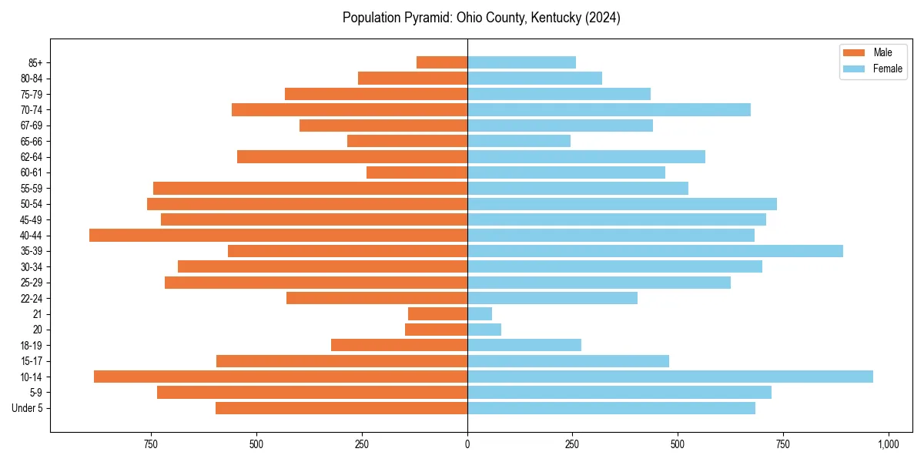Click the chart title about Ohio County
(x=481, y=18)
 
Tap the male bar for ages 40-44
(x=278, y=236)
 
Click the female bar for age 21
(x=480, y=314)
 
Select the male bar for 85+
(x=442, y=62)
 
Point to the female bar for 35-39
(x=654, y=251)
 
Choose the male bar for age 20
(x=437, y=330)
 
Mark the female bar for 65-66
(x=519, y=141)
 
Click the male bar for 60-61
(x=417, y=172)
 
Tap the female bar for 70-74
(x=608, y=110)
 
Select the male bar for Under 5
(x=341, y=408)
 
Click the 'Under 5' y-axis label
(x=27, y=408)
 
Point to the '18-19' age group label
(x=32, y=346)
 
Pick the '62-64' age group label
(x=32, y=157)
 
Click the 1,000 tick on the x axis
(x=888, y=444)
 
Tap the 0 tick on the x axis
(x=467, y=444)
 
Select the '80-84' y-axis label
(x=32, y=79)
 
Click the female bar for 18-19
(x=524, y=345)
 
